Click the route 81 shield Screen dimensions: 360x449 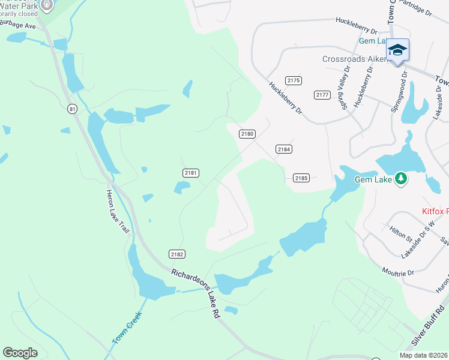pos(73,109)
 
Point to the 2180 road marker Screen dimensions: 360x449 pos(247,134)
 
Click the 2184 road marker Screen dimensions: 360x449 pos(284,148)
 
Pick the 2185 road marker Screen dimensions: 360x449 pos(301,178)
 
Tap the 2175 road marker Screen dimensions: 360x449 pos(294,80)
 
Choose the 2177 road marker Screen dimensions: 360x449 pos(322,95)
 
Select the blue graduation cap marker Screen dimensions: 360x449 pos(397,50)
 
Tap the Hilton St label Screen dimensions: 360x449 pos(397,232)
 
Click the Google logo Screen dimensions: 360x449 pos(20,353)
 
